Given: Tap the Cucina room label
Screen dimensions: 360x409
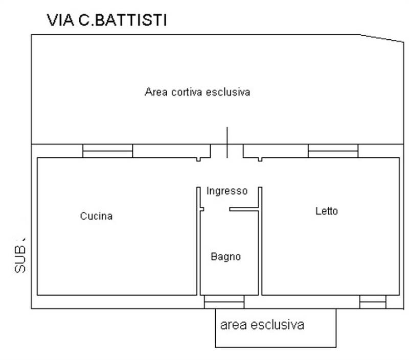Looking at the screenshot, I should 96,216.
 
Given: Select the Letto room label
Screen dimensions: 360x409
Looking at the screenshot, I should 327,211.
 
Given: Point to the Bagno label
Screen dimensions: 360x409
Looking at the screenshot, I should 225,257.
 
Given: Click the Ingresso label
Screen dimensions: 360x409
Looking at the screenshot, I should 227,191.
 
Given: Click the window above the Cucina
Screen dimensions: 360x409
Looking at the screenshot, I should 108,151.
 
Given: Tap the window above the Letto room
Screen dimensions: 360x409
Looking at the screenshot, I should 333,151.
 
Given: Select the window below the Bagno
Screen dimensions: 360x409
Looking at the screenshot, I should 224,302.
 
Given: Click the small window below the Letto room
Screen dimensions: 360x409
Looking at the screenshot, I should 372,302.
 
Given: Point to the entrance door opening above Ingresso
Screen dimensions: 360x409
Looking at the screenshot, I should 227,151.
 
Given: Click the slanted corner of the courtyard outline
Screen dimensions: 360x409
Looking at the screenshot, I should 381,38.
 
